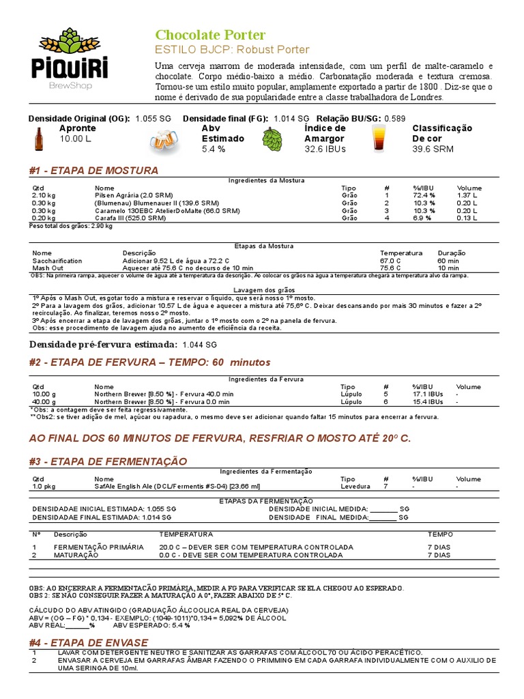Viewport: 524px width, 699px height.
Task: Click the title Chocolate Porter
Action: [210, 35]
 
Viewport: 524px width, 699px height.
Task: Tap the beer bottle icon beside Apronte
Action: [38, 139]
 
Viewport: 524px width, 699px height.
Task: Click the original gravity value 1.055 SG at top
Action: [154, 118]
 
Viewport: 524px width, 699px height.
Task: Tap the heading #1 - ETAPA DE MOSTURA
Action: [93, 170]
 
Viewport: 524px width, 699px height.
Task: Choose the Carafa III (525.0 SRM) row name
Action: [130, 218]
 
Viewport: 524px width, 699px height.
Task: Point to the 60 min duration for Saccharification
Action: [448, 261]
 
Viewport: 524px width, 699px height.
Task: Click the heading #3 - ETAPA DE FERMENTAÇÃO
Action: [108, 461]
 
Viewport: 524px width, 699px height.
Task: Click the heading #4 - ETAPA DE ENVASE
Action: [89, 642]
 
